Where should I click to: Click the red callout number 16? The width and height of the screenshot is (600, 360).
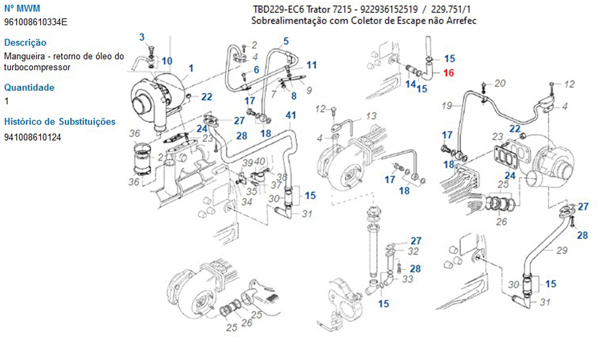tap(449, 73)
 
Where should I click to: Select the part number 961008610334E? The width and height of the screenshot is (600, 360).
tap(35, 22)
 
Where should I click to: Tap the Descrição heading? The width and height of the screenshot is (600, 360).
tap(25, 43)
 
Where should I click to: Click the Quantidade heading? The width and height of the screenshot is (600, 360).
tap(29, 88)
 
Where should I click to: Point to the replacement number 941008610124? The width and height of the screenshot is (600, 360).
tap(32, 137)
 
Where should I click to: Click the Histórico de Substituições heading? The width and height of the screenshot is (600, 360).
tap(59, 122)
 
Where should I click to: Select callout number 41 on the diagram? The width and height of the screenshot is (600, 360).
tap(290, 115)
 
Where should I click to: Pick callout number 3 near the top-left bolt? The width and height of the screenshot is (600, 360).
tap(142, 37)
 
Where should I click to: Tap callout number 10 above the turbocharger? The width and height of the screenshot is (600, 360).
tap(167, 61)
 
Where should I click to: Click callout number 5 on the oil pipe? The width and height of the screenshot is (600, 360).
tap(286, 41)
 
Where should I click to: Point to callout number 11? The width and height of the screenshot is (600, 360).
tap(311, 65)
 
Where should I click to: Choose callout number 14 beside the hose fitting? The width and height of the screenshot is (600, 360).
tap(410, 84)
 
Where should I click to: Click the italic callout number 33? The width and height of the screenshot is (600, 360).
tap(408, 279)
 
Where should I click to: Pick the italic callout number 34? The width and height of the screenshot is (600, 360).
tap(247, 202)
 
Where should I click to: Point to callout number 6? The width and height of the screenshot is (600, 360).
tap(256, 70)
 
